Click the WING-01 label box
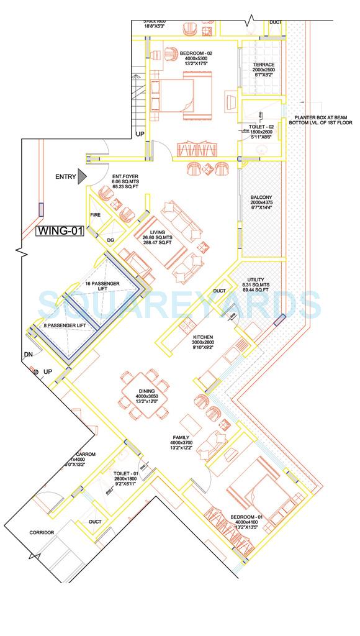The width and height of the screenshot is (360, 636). pyautogui.click(x=60, y=232)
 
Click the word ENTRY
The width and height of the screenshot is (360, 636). pyautogui.click(x=66, y=177)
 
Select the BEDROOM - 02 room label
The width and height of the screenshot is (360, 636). pyautogui.click(x=194, y=54)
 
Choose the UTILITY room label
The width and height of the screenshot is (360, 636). pyautogui.click(x=254, y=281)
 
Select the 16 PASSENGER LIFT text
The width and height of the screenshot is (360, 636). pyautogui.click(x=105, y=284)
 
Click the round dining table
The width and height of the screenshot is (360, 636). pyautogui.click(x=143, y=391)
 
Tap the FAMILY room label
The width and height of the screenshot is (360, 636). pyautogui.click(x=181, y=437)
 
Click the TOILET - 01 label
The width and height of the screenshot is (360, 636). pyautogui.click(x=124, y=473)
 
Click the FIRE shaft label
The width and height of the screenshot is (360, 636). pyautogui.click(x=96, y=215)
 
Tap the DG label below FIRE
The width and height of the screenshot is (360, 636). pyautogui.click(x=110, y=240)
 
